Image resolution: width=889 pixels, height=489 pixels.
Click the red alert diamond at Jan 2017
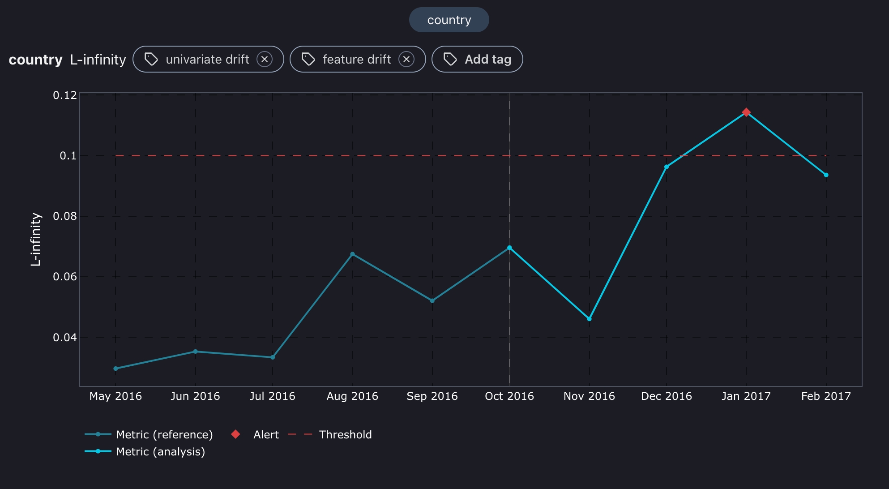tap(746, 112)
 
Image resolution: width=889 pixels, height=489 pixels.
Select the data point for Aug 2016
tap(352, 254)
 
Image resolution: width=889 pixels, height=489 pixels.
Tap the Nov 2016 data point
tap(589, 319)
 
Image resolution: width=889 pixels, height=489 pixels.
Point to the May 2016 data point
tap(115, 369)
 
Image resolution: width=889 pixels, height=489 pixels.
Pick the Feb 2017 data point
tap(826, 175)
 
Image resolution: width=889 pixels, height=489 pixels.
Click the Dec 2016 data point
tap(667, 167)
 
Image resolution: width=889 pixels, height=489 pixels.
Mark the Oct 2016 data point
tap(509, 248)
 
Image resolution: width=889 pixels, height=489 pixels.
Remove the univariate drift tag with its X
tap(265, 59)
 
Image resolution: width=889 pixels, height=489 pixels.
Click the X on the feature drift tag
tap(406, 59)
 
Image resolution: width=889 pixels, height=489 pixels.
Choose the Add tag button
tap(477, 59)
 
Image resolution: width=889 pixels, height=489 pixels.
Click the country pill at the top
tap(449, 20)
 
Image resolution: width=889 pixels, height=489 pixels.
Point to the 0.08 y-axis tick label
tap(65, 216)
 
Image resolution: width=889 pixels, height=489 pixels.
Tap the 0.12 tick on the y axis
tap(65, 95)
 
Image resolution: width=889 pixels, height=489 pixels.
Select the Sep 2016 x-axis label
tap(432, 396)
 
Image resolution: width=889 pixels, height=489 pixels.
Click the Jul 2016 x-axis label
tap(272, 396)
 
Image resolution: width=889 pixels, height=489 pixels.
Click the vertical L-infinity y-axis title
tap(36, 240)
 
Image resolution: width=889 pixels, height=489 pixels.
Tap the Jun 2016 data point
tap(195, 352)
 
